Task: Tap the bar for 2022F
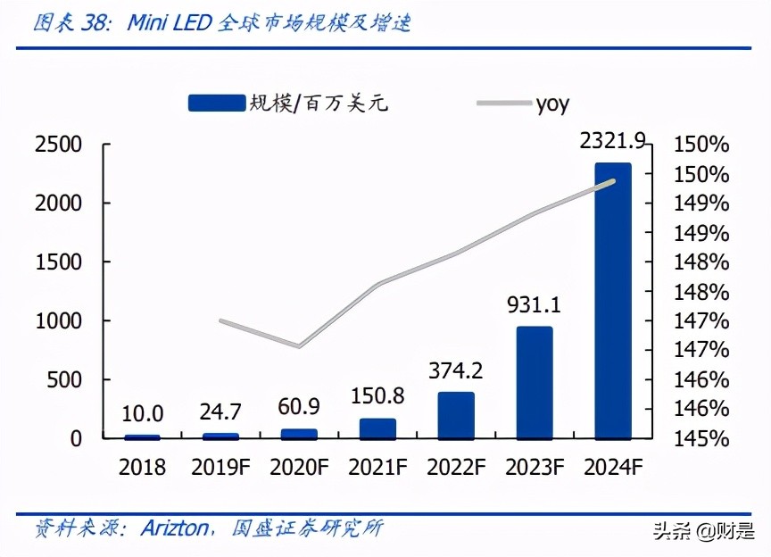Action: coord(456,415)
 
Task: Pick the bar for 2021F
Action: coord(377,428)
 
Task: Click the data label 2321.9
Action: coord(612,140)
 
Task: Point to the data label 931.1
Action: coord(534,305)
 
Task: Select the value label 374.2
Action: coord(456,370)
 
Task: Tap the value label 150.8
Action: coord(377,395)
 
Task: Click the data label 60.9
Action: coord(300,406)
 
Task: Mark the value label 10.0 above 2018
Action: coord(143,413)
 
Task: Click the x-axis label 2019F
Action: coord(220,468)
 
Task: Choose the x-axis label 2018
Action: coord(143,468)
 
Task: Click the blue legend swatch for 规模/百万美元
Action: coord(216,104)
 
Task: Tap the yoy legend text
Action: coord(552,104)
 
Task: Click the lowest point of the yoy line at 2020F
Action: coord(299,346)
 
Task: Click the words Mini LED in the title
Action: coord(168,24)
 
